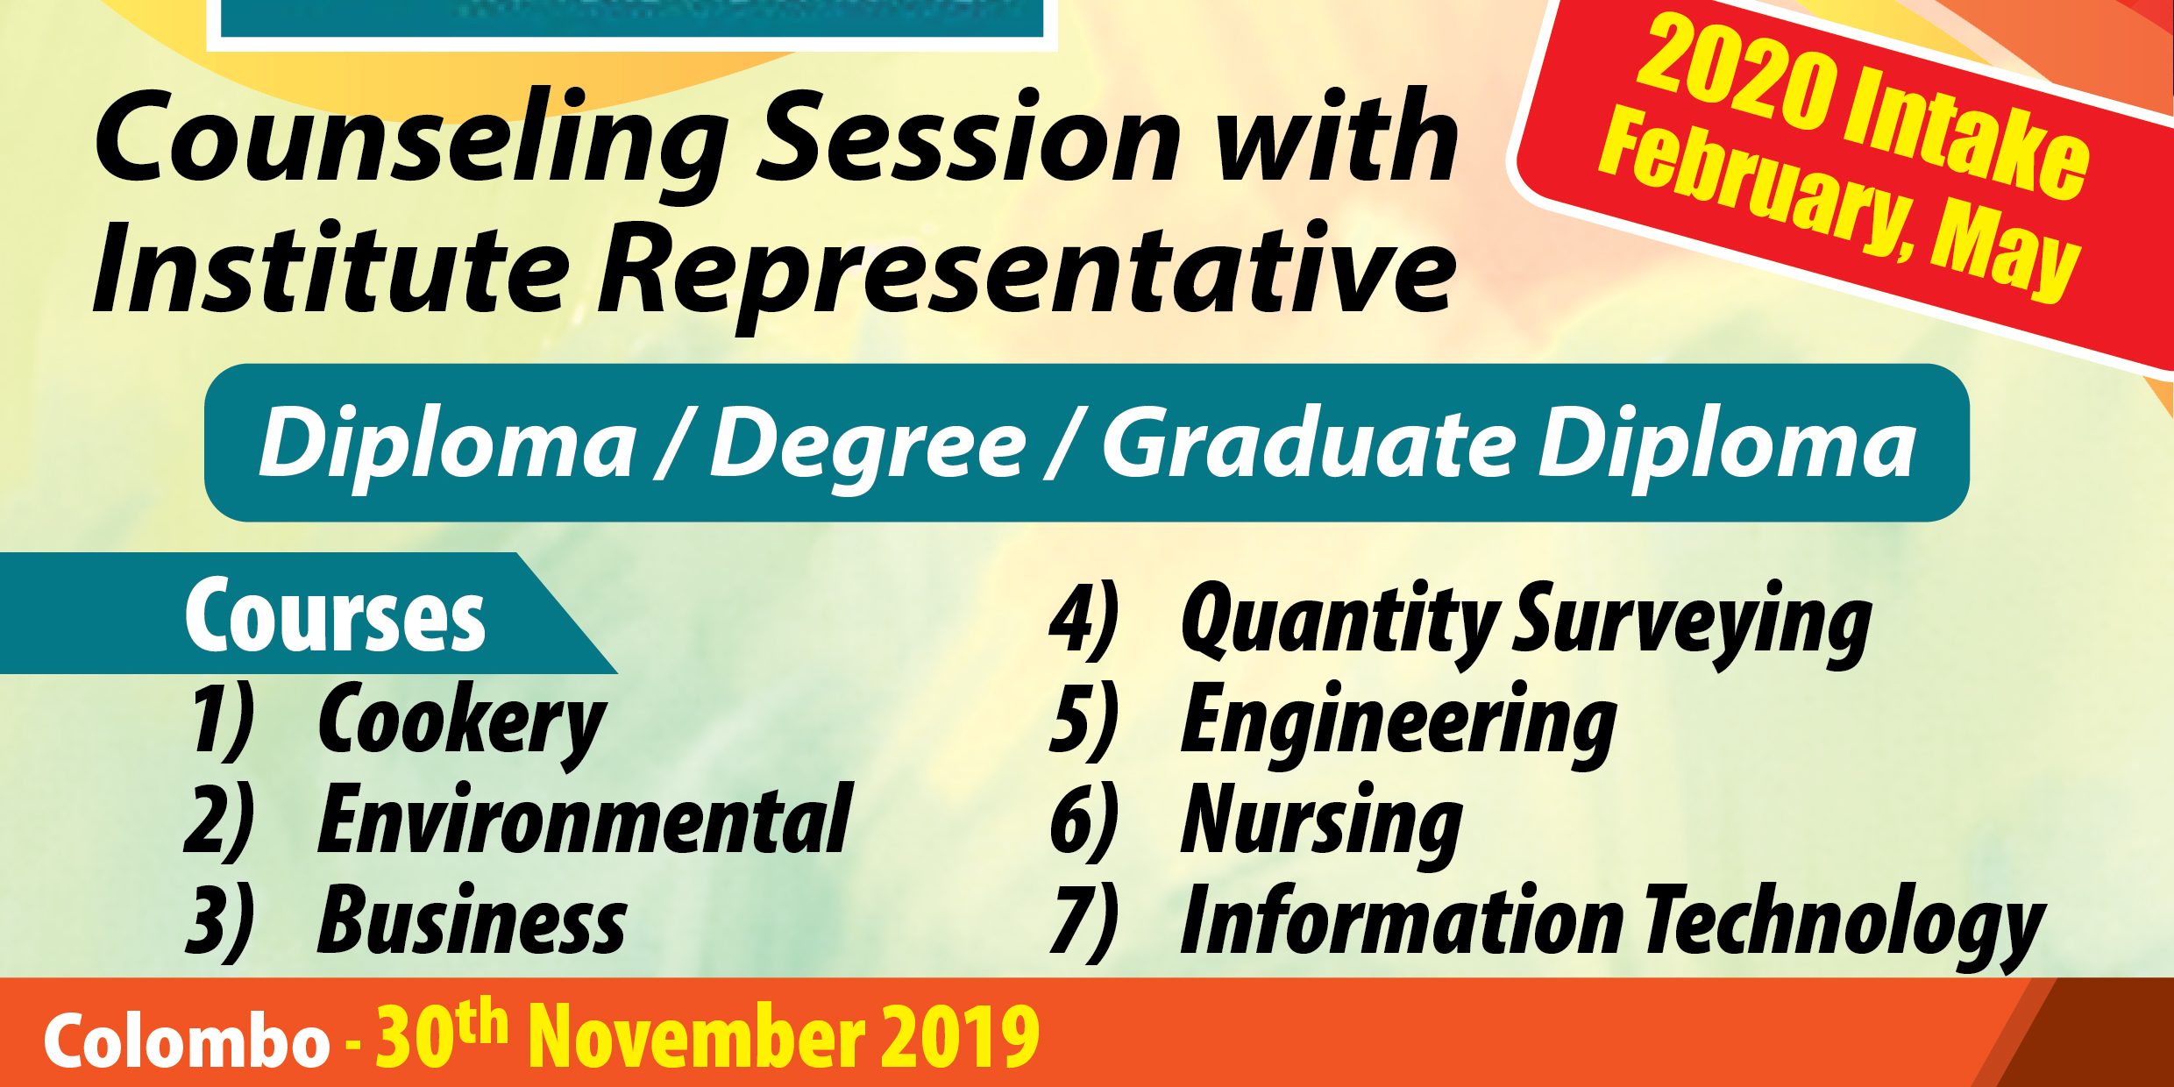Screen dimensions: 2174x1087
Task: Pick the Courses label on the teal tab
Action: [x=335, y=615]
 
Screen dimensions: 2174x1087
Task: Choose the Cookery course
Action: [x=462, y=723]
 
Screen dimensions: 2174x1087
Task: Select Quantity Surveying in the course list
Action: [x=1525, y=622]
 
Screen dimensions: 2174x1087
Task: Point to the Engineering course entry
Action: [x=1398, y=723]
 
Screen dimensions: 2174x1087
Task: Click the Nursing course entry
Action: [x=1321, y=823]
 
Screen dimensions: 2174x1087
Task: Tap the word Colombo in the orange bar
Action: [x=187, y=1041]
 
